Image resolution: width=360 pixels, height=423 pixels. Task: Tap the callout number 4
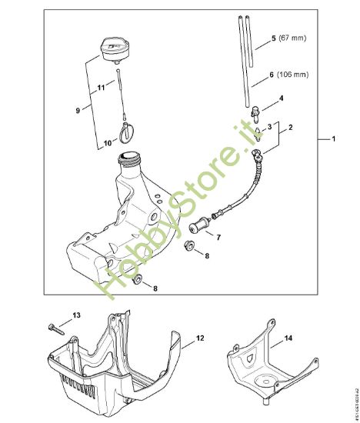click(281, 98)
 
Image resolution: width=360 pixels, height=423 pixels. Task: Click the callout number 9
click(77, 112)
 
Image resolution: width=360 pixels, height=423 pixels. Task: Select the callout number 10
click(108, 142)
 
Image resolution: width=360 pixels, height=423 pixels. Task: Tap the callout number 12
click(199, 337)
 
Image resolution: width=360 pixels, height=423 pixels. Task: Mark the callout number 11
click(100, 89)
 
